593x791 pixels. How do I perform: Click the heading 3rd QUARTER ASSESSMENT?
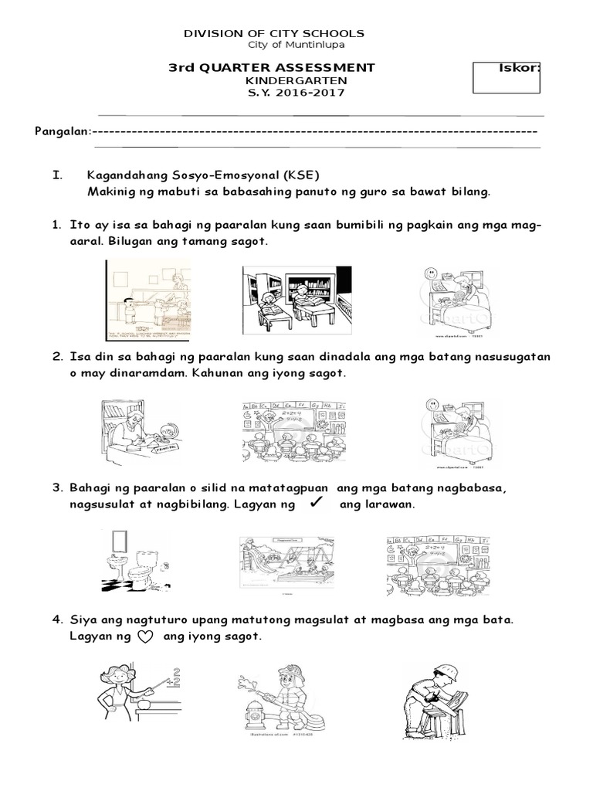coord(272,68)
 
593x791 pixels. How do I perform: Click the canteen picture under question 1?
coord(147,300)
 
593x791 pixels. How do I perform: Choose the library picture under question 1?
coord(296,300)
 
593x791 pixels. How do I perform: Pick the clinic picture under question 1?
coord(457,300)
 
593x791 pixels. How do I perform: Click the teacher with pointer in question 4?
coord(136,697)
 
